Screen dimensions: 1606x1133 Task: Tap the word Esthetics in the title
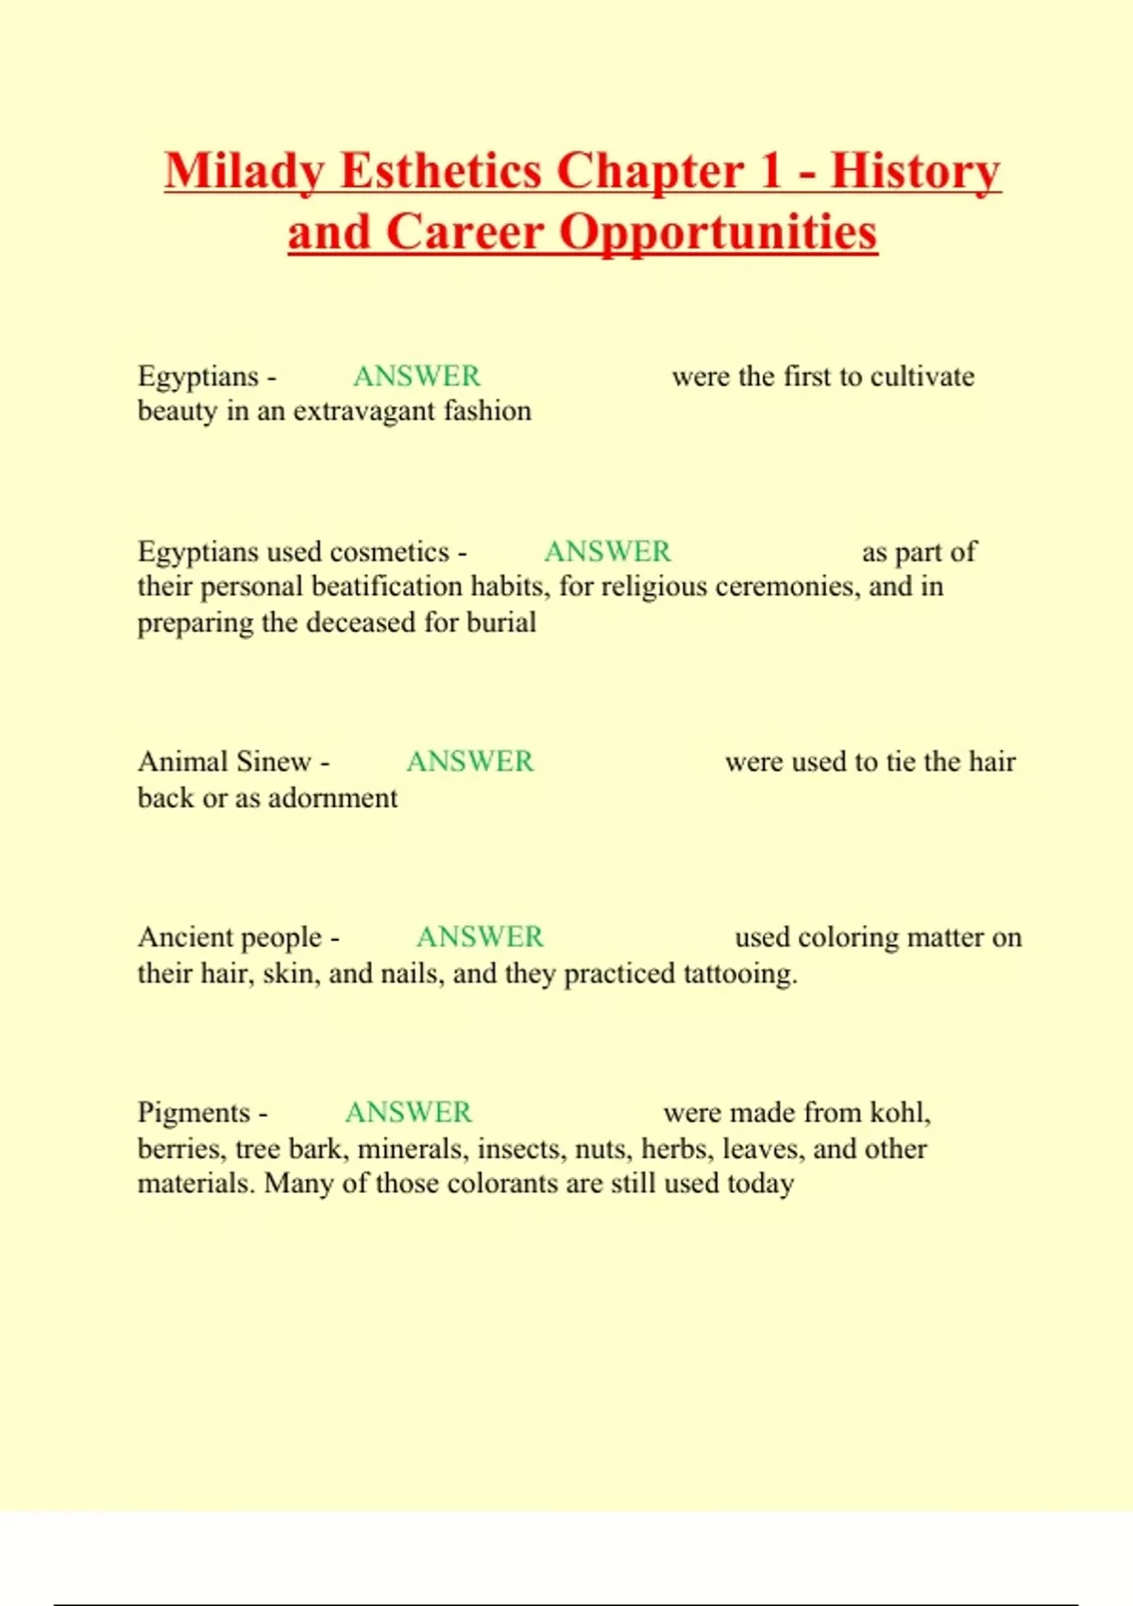click(x=440, y=172)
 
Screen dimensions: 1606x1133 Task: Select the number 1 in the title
click(x=770, y=172)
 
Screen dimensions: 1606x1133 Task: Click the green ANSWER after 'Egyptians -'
click(x=416, y=376)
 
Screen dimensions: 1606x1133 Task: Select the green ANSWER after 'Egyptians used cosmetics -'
click(x=607, y=552)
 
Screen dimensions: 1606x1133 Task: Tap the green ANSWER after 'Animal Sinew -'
click(x=469, y=761)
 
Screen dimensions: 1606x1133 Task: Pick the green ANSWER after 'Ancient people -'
click(x=480, y=937)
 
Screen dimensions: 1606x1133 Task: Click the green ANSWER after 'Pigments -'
click(x=408, y=1113)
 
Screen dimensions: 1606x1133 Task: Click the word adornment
click(x=333, y=798)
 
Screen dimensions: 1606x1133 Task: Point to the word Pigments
click(x=194, y=1113)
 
